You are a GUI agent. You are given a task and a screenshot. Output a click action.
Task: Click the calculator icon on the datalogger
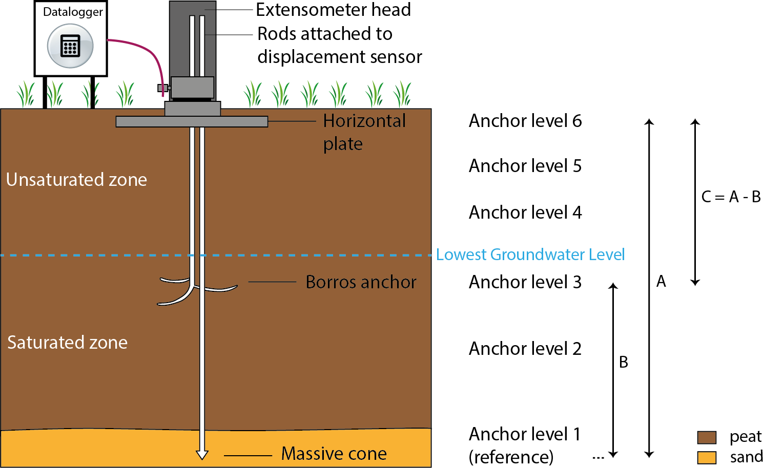[70, 46]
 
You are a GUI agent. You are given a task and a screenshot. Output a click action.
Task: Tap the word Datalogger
[73, 12]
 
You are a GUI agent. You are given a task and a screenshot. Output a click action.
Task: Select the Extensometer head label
[333, 10]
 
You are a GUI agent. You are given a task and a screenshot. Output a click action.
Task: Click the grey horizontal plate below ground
[192, 121]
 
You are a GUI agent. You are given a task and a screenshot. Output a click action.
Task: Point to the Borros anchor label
[361, 282]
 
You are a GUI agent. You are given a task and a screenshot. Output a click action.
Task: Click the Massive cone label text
[334, 454]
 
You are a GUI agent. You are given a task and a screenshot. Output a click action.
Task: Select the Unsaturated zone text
[76, 180]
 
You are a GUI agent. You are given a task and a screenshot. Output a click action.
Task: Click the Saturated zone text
[67, 343]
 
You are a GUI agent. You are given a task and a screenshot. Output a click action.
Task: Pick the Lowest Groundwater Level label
[530, 254]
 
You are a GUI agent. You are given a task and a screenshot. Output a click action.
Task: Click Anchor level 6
[525, 121]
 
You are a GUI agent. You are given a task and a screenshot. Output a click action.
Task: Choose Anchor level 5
[525, 166]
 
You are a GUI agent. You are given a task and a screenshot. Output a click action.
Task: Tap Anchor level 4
[525, 212]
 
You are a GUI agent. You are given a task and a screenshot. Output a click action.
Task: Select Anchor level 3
[525, 282]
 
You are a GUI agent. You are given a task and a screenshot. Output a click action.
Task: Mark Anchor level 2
[525, 349]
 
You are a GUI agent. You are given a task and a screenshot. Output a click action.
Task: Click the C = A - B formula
[731, 197]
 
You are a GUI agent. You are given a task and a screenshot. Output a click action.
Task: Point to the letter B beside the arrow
[624, 362]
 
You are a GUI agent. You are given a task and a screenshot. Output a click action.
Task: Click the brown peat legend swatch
[707, 437]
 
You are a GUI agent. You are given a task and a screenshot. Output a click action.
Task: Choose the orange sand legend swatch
[707, 457]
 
